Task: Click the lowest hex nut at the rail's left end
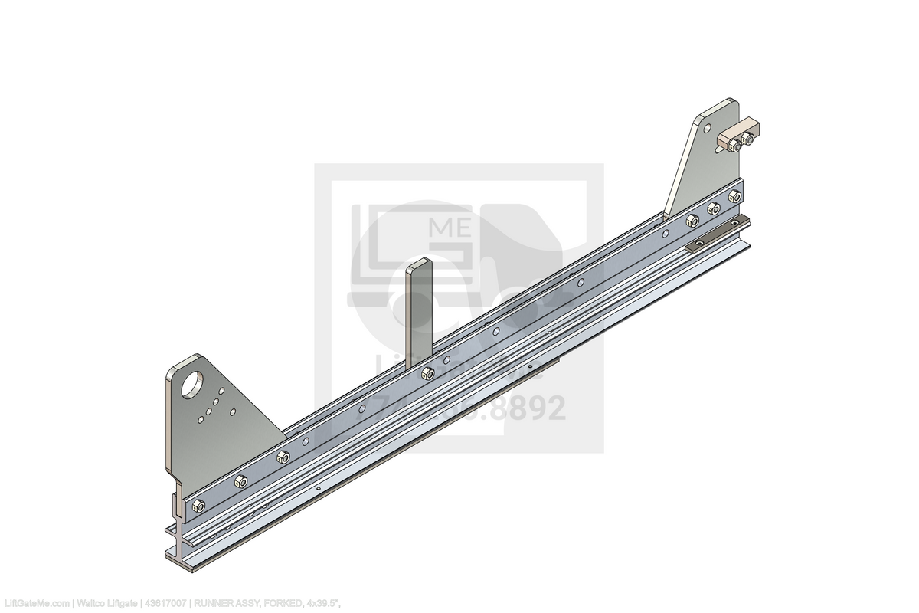tap(198, 505)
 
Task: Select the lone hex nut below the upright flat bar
tap(428, 374)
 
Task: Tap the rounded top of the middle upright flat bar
tap(420, 265)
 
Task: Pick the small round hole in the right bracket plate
tap(706, 129)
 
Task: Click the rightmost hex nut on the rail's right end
tap(734, 197)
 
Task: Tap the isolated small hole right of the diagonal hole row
tap(233, 411)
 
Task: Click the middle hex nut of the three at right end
tap(713, 208)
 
